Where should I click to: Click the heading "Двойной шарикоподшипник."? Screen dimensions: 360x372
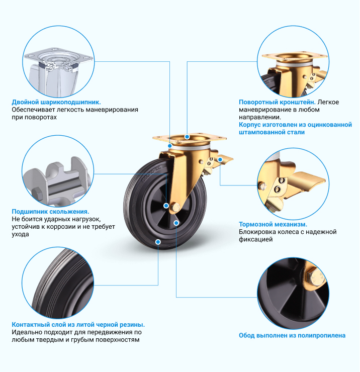point(56,102)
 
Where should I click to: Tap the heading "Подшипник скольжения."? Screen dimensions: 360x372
point(51,211)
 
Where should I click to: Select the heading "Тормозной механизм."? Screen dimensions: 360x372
point(273,224)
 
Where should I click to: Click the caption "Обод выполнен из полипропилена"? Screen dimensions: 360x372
point(292,335)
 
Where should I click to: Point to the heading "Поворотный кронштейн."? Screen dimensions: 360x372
point(277,102)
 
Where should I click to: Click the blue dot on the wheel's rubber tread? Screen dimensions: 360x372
point(158,242)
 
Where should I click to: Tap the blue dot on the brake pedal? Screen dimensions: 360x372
point(220,160)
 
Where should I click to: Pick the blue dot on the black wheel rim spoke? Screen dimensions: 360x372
point(176,223)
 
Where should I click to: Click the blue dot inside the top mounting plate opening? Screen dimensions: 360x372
point(187,137)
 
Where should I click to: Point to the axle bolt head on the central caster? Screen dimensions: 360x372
point(175,207)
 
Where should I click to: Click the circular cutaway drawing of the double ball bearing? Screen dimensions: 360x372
point(58,61)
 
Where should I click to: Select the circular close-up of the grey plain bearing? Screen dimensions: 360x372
point(58,171)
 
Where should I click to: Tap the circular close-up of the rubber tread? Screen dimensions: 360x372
point(58,283)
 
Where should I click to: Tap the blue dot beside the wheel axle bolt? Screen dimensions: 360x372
point(166,206)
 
